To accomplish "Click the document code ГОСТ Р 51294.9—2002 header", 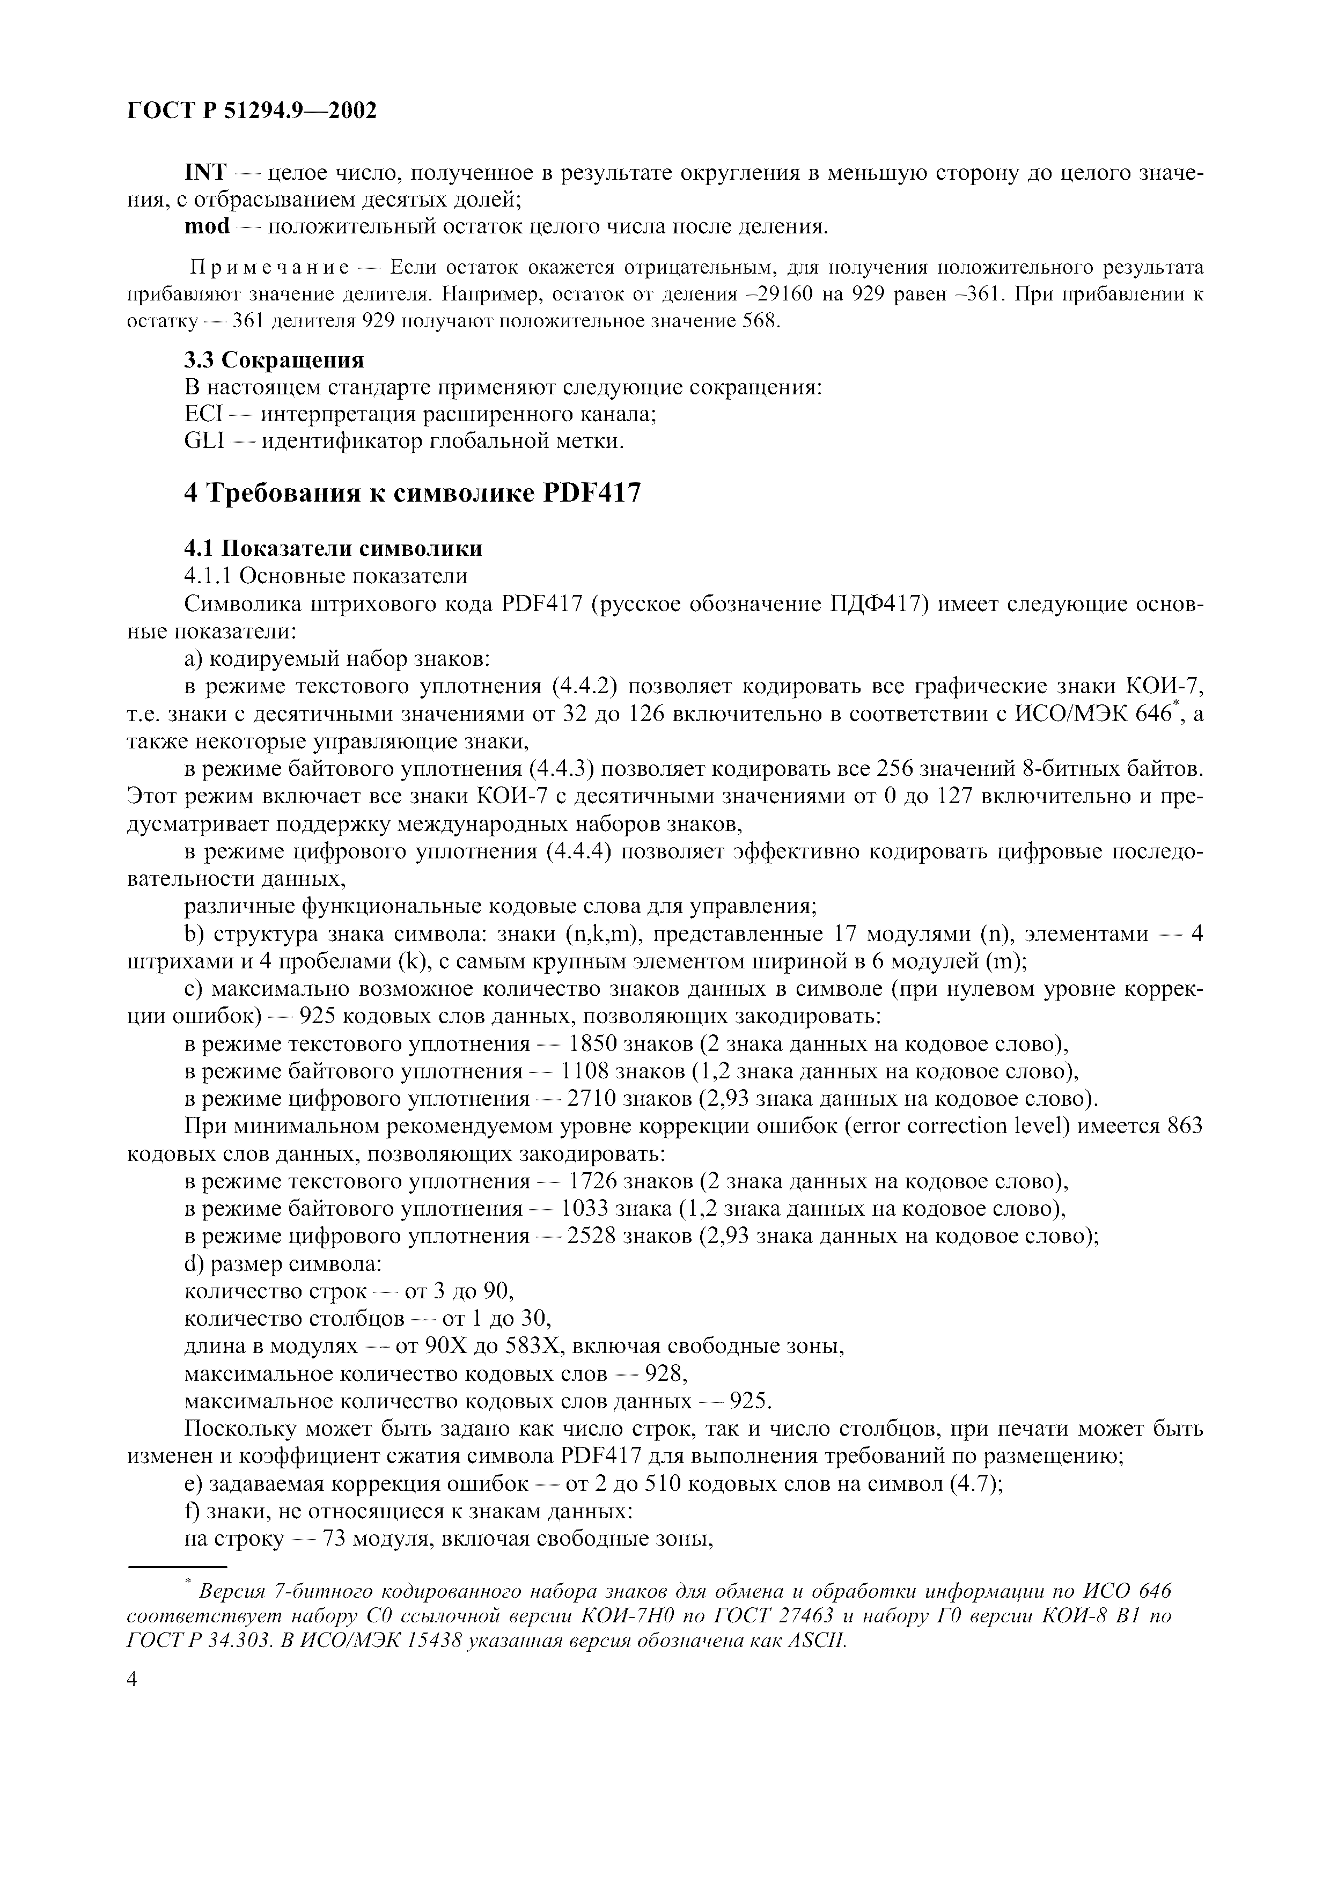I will (252, 111).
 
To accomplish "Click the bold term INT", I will (205, 173).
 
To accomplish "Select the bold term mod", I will (207, 227).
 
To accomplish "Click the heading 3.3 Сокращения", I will (274, 360).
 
